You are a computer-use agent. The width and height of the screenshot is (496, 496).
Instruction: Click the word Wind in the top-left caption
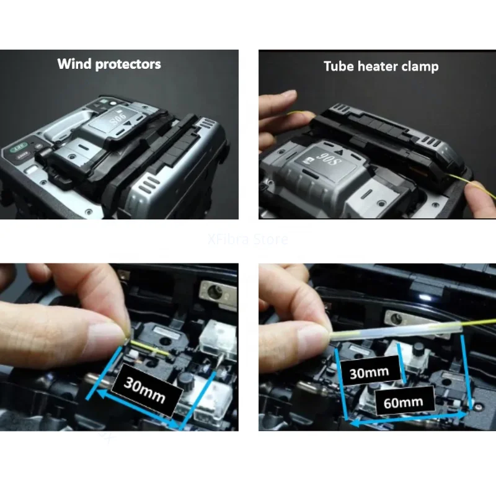(x=74, y=64)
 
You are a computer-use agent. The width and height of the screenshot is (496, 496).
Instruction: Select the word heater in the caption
(x=379, y=66)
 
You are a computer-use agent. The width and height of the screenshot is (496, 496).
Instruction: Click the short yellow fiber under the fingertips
(x=149, y=348)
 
